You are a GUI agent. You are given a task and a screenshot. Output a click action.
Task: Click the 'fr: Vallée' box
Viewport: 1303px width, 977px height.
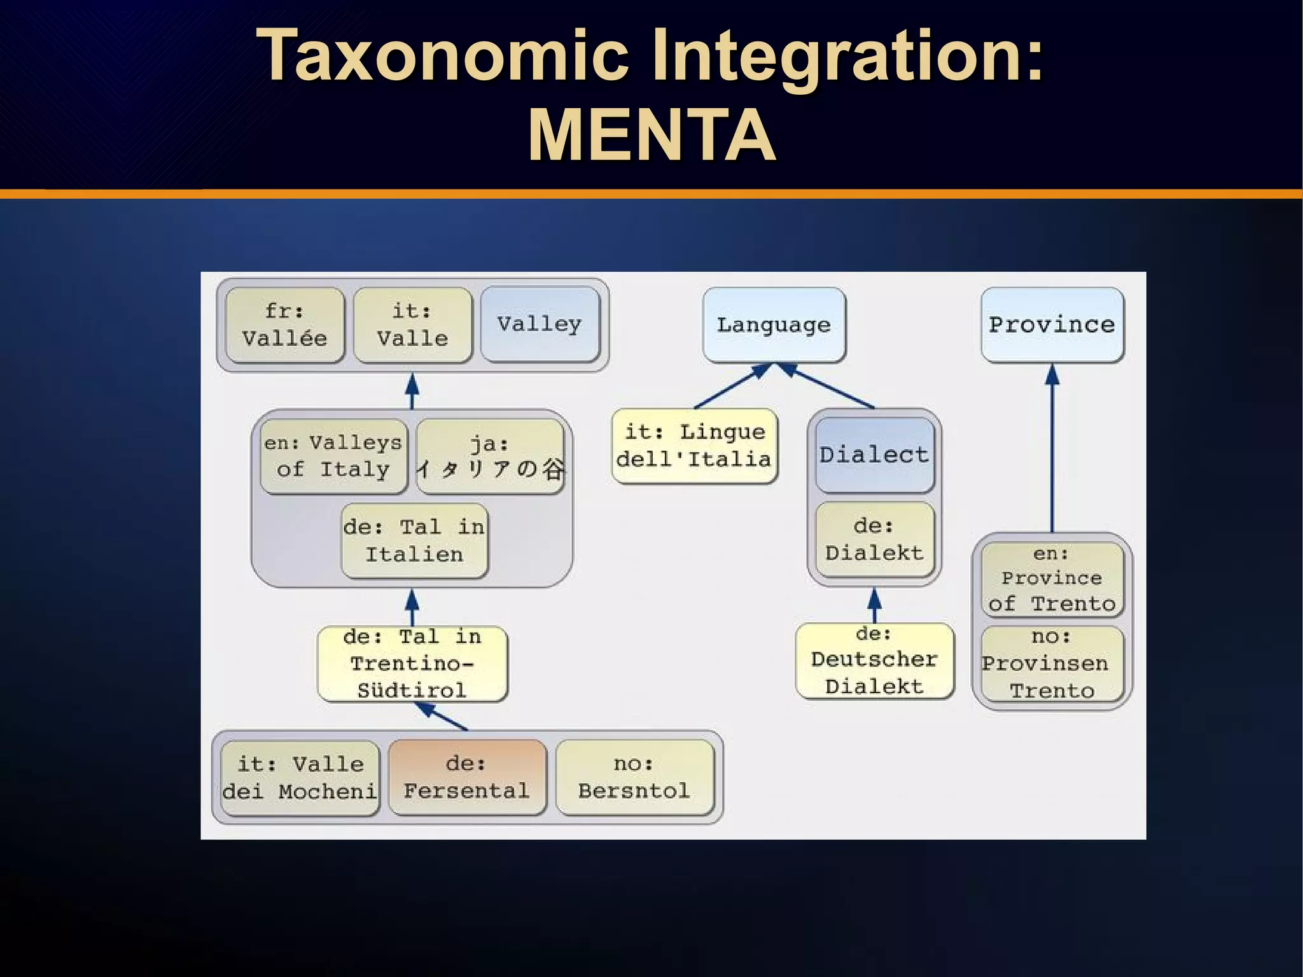[284, 325]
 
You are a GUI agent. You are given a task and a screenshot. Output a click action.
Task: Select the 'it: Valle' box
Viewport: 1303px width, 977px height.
[412, 325]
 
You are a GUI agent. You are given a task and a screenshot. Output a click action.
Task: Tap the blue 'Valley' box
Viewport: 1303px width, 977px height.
[540, 324]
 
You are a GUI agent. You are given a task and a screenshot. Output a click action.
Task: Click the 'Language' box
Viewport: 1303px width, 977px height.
[774, 325]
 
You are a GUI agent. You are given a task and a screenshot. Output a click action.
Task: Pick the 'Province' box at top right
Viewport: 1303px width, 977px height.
[1052, 325]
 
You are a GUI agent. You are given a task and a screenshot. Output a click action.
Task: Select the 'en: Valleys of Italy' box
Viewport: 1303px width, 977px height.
[333, 456]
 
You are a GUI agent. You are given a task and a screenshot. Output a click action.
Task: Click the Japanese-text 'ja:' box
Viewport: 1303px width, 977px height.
[490, 456]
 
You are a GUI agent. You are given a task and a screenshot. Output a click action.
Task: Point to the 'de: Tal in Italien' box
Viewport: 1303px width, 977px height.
[414, 540]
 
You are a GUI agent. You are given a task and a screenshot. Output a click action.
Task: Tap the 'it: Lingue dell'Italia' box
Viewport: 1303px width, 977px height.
[694, 446]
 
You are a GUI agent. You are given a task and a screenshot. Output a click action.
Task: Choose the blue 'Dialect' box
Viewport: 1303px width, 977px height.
[874, 454]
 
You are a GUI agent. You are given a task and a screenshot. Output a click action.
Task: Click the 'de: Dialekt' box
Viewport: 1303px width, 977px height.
[874, 539]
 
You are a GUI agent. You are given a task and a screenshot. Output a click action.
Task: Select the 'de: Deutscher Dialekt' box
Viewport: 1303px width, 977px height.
[874, 661]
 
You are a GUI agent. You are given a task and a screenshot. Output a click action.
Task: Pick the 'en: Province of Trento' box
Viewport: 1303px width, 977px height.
[1052, 579]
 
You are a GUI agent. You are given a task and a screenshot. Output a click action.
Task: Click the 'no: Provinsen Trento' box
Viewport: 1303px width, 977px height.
[1052, 664]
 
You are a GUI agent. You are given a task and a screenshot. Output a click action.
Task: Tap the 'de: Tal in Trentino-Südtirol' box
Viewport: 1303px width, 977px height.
[412, 663]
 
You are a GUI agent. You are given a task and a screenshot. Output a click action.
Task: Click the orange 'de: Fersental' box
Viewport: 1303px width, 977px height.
[466, 777]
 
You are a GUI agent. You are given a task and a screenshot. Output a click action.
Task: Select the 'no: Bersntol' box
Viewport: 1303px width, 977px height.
[634, 777]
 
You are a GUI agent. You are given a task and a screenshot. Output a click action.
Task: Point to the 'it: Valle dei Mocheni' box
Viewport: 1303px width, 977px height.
[300, 777]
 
